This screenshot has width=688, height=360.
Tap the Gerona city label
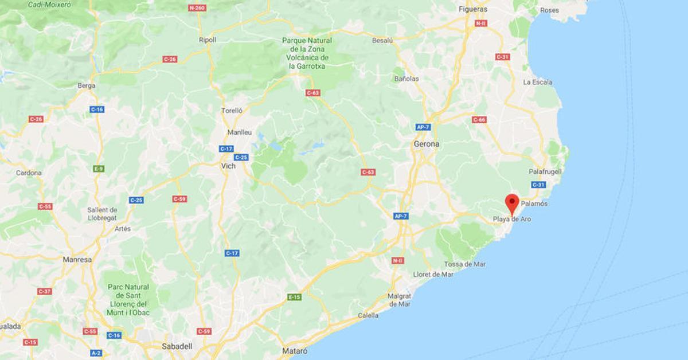click(x=427, y=144)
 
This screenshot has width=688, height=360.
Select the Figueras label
click(x=473, y=9)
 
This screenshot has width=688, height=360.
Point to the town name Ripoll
click(x=208, y=40)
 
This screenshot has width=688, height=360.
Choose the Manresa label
click(x=77, y=260)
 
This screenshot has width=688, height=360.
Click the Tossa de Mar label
click(x=465, y=264)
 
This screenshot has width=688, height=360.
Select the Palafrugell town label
click(x=545, y=171)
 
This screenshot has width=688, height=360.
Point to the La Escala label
click(x=538, y=82)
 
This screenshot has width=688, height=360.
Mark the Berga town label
click(x=86, y=86)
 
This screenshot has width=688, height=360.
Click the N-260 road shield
click(x=197, y=9)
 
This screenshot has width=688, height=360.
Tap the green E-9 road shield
click(x=99, y=169)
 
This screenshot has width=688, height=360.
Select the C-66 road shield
click(x=479, y=120)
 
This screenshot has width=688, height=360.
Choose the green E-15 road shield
click(x=294, y=297)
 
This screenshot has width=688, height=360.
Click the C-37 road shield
click(x=44, y=291)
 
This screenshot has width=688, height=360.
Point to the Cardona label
click(x=29, y=173)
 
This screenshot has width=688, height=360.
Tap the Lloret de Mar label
click(x=433, y=274)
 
